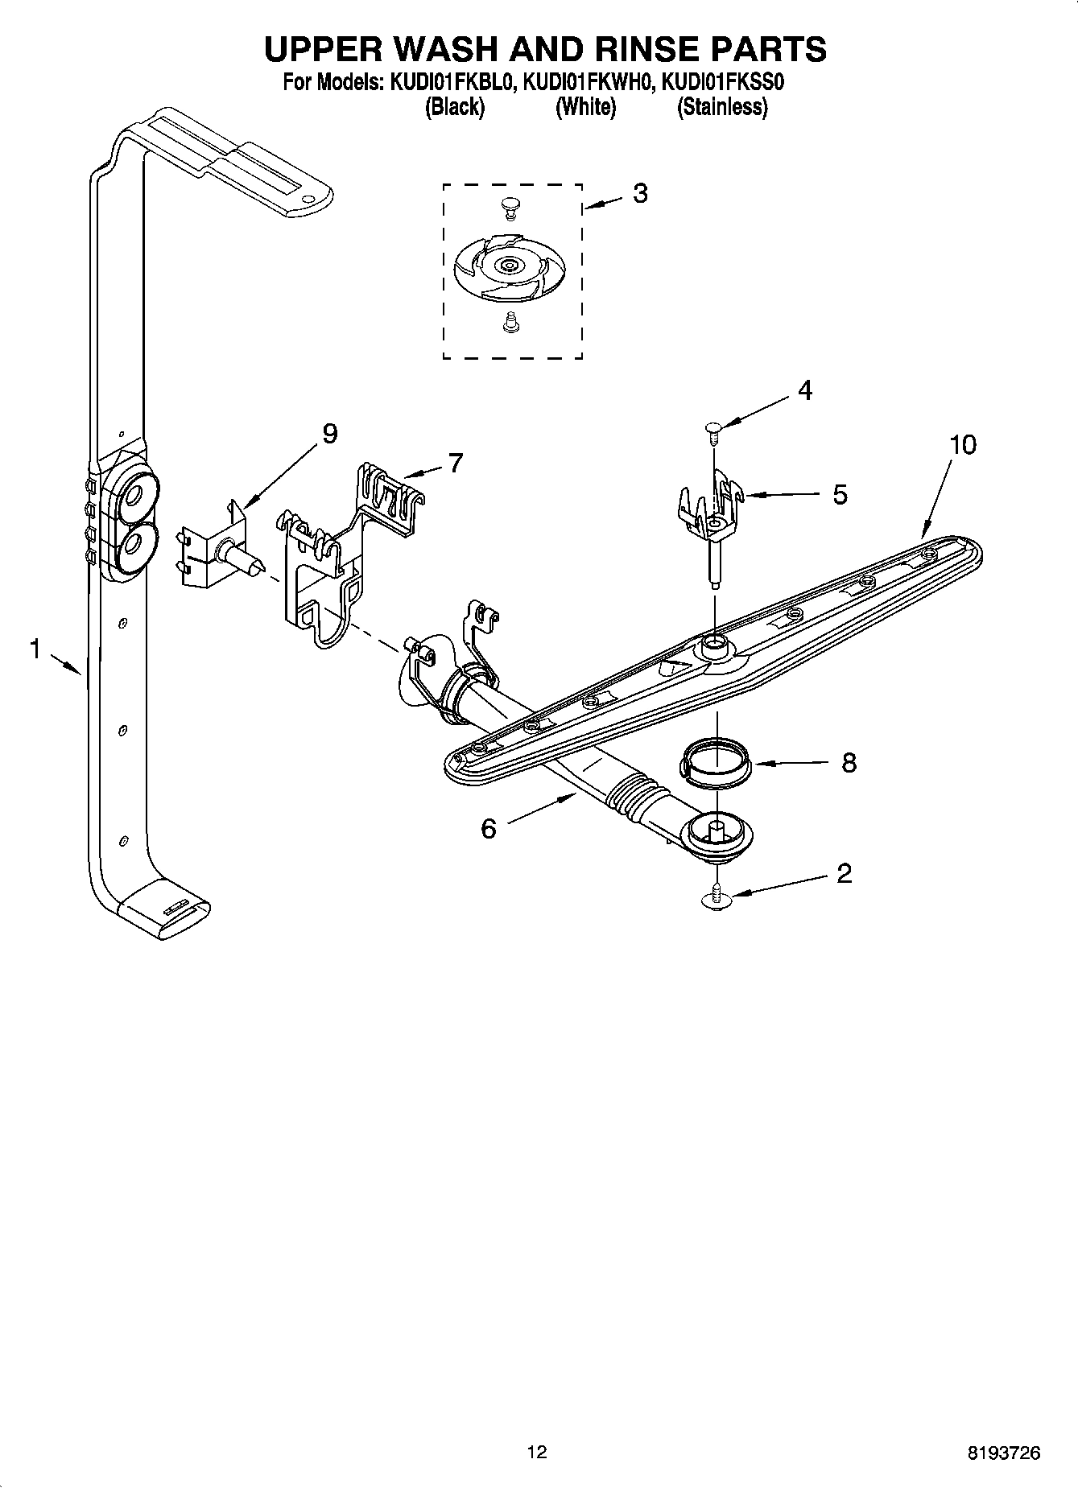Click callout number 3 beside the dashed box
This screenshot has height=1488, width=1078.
pos(640,194)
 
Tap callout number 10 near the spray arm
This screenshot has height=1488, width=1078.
pos(962,444)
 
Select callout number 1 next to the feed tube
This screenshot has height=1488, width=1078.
pos(35,649)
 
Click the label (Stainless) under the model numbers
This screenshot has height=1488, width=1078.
pos(722,107)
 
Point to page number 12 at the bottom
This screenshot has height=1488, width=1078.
pos(537,1452)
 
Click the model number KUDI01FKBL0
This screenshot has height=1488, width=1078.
pos(452,82)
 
